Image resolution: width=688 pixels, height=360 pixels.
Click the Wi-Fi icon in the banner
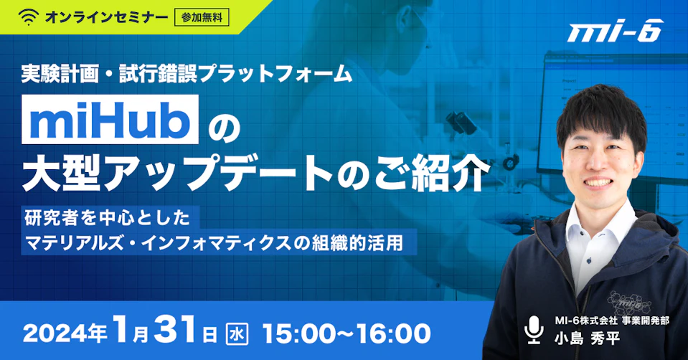[x=29, y=17]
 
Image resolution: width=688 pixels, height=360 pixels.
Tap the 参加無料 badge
[x=202, y=17]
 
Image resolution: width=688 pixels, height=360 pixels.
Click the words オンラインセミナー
[x=107, y=17]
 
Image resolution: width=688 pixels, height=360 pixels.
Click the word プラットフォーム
[x=275, y=74]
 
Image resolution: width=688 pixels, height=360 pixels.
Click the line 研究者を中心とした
[x=108, y=218]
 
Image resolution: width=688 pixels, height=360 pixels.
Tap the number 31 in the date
[x=176, y=331]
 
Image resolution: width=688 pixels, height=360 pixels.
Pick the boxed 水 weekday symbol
[x=237, y=334]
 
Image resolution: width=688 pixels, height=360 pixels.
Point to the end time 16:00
[x=393, y=333]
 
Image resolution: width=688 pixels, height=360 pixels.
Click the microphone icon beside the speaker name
[x=534, y=330]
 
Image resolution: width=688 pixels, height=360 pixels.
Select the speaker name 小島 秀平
[x=588, y=338]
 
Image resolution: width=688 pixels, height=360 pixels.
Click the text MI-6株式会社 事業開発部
[x=612, y=321]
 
